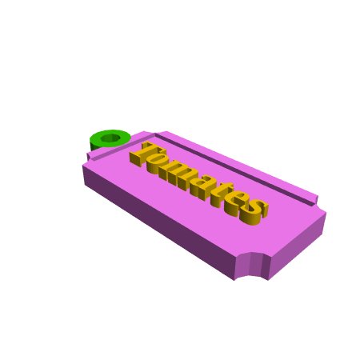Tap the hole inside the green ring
pos(110,138)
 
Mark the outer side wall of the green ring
pos(94,146)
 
